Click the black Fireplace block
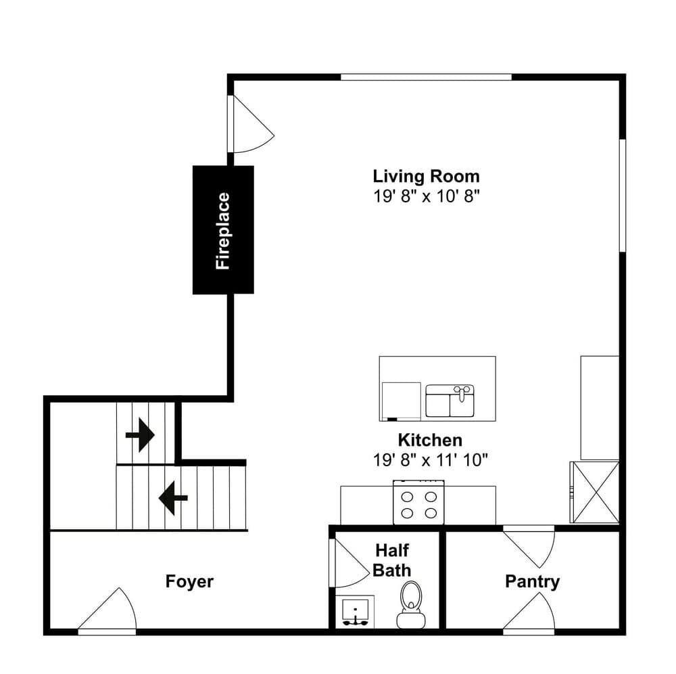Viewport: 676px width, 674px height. coord(223,230)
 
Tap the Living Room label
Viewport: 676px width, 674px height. coord(426,177)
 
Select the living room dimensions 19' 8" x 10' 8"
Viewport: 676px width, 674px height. coord(426,196)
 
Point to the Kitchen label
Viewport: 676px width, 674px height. coord(430,440)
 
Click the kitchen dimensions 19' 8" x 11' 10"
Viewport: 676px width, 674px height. coord(430,459)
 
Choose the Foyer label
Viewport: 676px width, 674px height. coord(189,581)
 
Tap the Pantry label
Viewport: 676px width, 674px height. coord(532,581)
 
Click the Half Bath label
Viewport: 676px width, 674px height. coord(391,561)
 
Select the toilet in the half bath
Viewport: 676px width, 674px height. coord(410,604)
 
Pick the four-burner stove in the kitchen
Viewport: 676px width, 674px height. coord(418,503)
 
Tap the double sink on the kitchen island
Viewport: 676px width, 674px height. coord(450,401)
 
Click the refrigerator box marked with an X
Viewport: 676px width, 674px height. coord(595,492)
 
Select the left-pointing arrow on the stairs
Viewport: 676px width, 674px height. coord(172,499)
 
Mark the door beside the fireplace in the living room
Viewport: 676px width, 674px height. coord(250,125)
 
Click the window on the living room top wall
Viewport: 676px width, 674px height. coord(426,77)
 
